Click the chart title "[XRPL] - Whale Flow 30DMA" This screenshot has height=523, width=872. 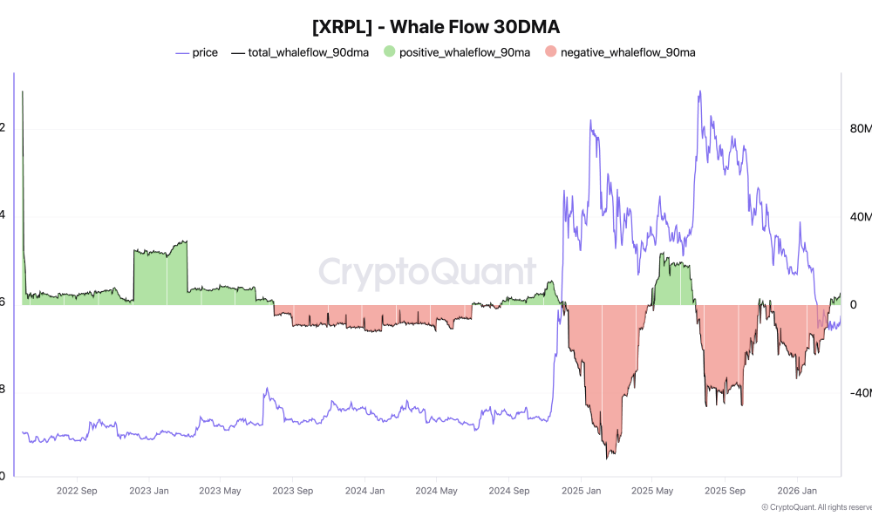[435, 26]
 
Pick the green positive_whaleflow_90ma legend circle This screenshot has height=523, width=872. [389, 52]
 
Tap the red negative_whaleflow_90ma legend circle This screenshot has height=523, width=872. [551, 52]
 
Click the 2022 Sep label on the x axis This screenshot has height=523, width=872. [77, 491]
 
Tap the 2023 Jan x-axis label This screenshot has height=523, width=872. [149, 491]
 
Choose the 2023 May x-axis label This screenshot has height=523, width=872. [220, 491]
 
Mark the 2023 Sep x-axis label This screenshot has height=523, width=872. [293, 491]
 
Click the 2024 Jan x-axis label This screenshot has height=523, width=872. [364, 491]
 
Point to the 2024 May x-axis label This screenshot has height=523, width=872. [436, 491]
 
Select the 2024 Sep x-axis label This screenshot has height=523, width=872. [508, 491]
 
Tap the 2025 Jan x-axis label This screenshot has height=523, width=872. [581, 491]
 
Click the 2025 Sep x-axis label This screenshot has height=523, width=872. [725, 491]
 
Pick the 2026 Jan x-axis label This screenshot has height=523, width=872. [797, 491]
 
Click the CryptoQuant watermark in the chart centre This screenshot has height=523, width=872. [427, 271]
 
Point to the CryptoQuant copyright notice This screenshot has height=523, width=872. [816, 507]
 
